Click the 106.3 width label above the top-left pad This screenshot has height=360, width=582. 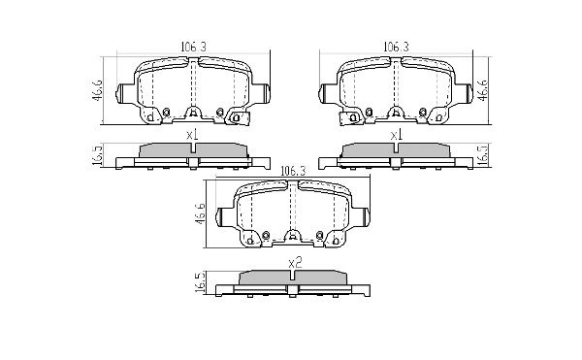[x=191, y=45]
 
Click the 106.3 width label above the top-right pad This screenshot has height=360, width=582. [x=395, y=45]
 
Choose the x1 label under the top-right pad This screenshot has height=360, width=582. [x=396, y=135]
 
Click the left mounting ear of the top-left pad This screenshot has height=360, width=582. [x=124, y=94]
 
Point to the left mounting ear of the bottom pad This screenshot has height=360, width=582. [x=225, y=216]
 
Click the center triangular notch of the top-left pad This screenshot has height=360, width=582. [x=192, y=111]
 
